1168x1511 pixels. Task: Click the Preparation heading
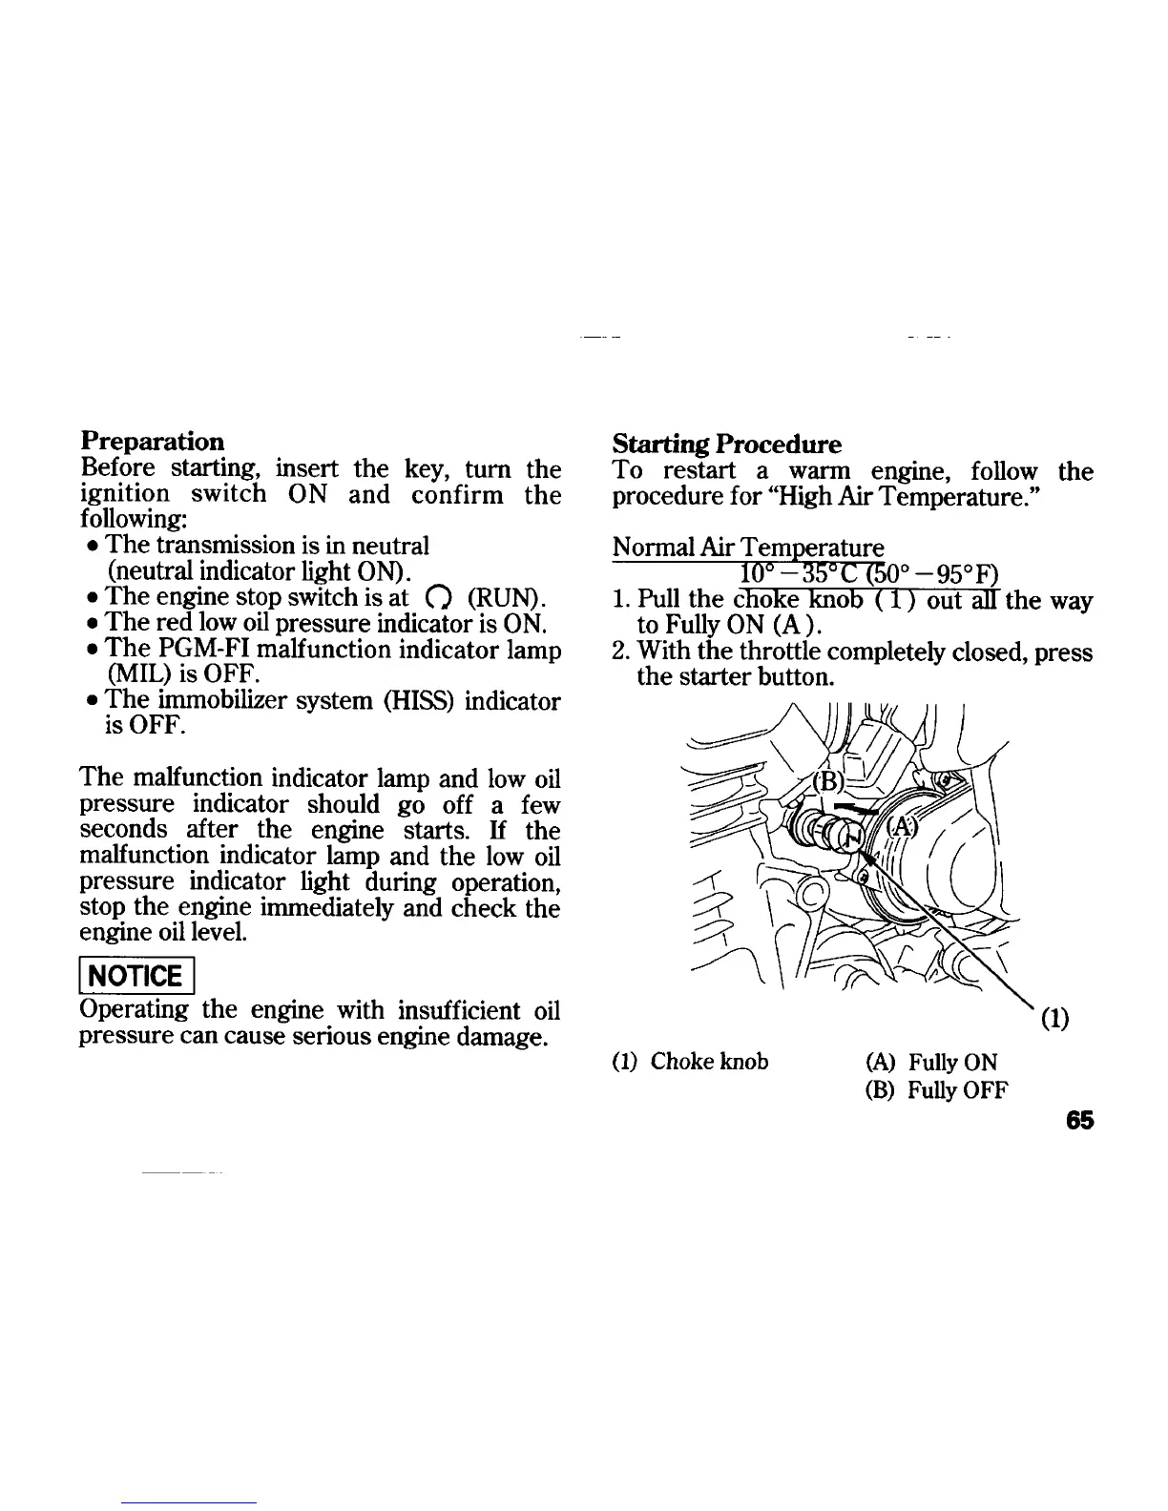[153, 442]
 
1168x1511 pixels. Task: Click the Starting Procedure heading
[727, 445]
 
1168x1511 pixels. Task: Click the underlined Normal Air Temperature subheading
[748, 549]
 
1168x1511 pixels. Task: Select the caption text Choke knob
[709, 1062]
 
